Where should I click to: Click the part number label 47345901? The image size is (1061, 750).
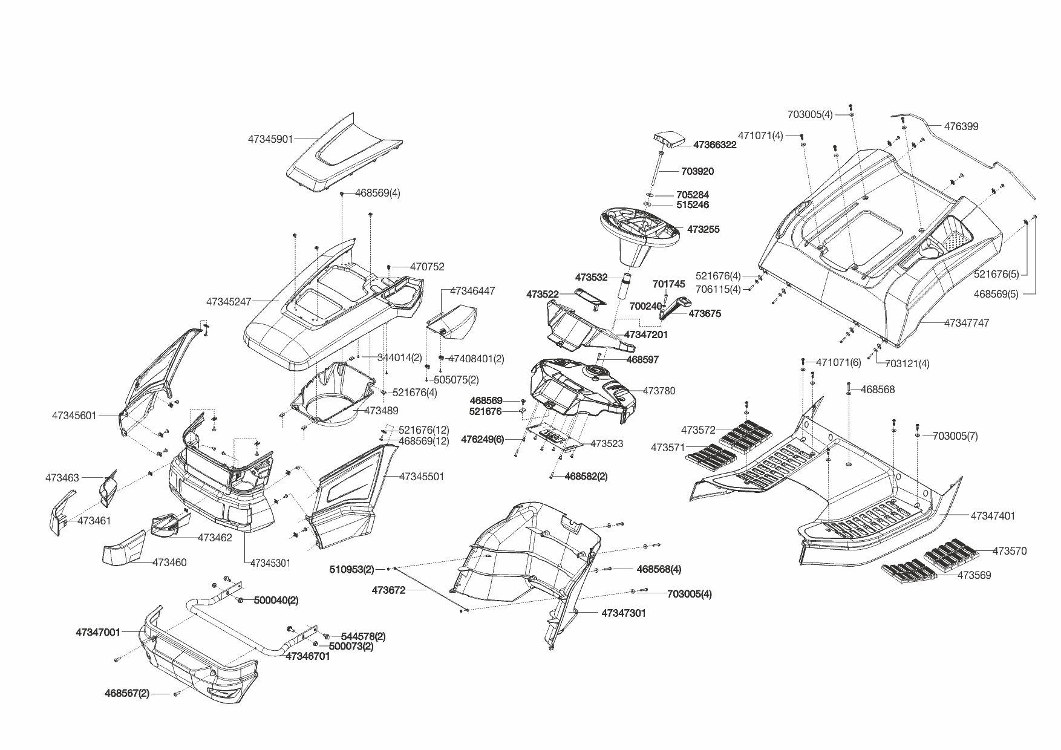coord(270,139)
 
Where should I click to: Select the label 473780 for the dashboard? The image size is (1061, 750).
coord(659,391)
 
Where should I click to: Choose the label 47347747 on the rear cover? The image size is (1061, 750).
coord(967,324)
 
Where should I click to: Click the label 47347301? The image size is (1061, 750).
coord(623,613)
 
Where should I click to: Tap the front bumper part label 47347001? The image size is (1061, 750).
coord(97,633)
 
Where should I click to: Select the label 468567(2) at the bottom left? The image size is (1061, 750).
coord(127,694)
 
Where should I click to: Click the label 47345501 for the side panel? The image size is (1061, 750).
coord(422,477)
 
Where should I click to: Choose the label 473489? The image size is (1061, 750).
coord(381,411)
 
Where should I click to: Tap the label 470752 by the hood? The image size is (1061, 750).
coord(427,267)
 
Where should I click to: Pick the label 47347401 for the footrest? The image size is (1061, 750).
coord(993,517)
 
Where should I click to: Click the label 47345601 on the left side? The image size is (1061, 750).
coord(74,416)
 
